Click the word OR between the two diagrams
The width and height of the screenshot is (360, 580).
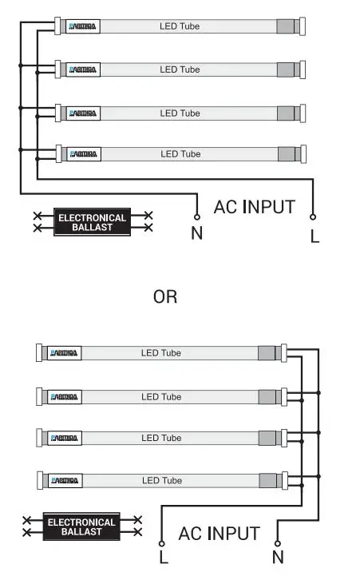click(x=165, y=297)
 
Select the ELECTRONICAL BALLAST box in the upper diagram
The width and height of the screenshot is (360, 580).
click(x=92, y=223)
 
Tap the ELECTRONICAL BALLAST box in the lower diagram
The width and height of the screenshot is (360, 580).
click(x=81, y=526)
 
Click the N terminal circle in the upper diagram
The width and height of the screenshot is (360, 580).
click(x=196, y=217)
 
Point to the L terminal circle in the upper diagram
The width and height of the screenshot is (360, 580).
click(x=313, y=217)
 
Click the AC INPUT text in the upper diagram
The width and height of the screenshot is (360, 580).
click(x=254, y=207)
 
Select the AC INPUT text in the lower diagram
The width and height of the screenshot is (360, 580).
click(x=219, y=533)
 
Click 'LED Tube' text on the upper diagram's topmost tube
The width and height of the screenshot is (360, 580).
click(x=180, y=26)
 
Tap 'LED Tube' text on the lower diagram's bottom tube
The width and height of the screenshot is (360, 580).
click(x=161, y=480)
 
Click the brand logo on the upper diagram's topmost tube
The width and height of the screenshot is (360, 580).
click(x=83, y=26)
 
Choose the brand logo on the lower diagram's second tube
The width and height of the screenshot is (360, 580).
click(x=64, y=396)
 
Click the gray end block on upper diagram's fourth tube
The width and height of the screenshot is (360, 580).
click(x=286, y=153)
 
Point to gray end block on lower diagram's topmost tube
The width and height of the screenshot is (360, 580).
click(x=267, y=352)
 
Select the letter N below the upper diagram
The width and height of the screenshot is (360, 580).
click(x=196, y=235)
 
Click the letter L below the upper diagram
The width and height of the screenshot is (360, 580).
click(x=315, y=236)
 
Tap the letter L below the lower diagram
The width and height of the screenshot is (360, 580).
click(x=164, y=557)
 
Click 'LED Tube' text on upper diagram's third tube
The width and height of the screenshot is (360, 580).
click(x=180, y=113)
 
